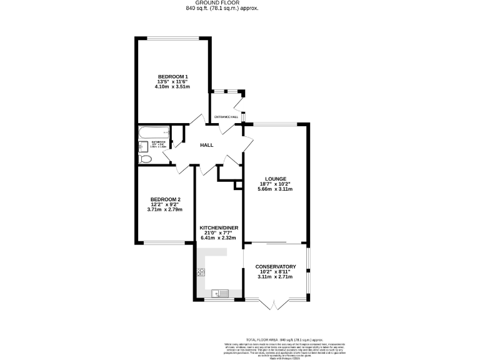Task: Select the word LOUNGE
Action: tap(275, 179)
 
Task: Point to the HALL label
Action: tap(206, 145)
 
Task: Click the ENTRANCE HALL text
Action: tap(226, 117)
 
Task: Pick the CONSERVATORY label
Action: tap(275, 267)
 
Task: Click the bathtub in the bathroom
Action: tap(154, 132)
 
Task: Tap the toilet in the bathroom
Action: tap(144, 159)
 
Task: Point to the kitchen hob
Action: tap(201, 272)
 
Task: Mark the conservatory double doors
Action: tap(274, 304)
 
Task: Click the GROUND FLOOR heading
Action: tap(239, 3)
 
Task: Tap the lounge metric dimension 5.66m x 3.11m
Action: tap(275, 190)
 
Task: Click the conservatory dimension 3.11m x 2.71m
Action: tap(275, 277)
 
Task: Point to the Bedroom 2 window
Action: tap(164, 243)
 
